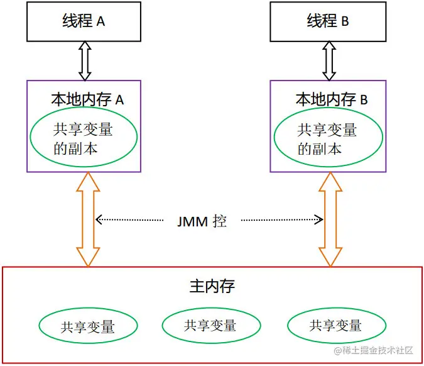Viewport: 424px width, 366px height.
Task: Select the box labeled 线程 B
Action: (x=328, y=21)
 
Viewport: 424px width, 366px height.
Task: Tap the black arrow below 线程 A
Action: (x=85, y=62)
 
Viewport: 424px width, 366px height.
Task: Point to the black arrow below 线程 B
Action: (x=329, y=62)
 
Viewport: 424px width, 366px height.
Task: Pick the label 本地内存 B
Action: (x=331, y=99)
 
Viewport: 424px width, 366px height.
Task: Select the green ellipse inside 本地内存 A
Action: (x=82, y=139)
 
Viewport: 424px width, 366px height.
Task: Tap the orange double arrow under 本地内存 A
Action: (x=87, y=219)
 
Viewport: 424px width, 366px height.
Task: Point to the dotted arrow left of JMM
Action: (x=132, y=220)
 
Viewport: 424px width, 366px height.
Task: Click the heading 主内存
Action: (x=212, y=287)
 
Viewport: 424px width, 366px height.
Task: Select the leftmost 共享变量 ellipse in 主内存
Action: (x=87, y=326)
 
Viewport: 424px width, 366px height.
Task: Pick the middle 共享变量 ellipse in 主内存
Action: (x=210, y=325)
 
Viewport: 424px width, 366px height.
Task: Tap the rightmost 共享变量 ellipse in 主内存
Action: (x=335, y=325)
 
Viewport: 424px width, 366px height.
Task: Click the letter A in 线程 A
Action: (x=101, y=21)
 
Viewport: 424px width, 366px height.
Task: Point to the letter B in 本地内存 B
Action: (x=364, y=100)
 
